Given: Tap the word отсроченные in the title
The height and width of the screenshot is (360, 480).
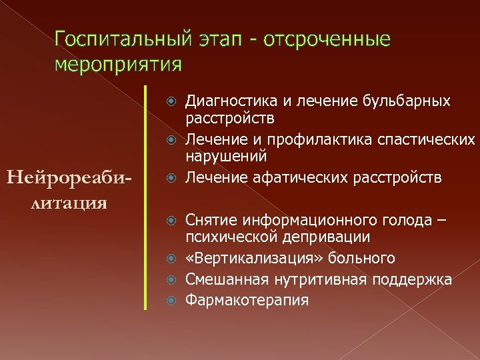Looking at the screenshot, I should click(x=326, y=39).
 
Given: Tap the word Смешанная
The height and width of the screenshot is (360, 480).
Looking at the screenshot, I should click(x=219, y=279).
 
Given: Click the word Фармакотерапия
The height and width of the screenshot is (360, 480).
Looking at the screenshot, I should click(x=247, y=301).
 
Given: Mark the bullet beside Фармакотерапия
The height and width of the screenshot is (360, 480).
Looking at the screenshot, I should click(x=171, y=301).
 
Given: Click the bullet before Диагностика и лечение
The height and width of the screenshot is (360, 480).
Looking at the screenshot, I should click(x=171, y=101).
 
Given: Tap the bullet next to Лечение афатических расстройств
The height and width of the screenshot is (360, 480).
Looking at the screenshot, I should click(x=171, y=177).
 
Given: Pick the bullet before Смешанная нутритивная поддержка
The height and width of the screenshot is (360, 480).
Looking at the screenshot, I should click(x=171, y=279).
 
